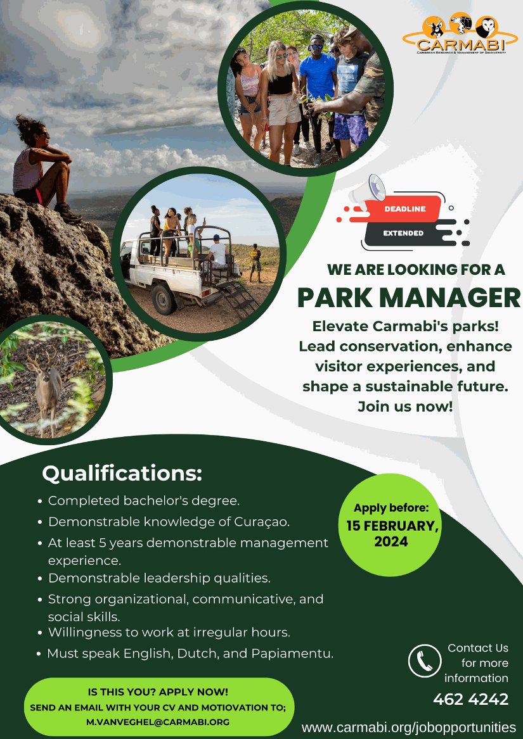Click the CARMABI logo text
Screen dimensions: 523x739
coord(461,45)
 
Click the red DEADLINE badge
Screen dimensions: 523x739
coord(404,209)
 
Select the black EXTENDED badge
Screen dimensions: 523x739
coord(404,233)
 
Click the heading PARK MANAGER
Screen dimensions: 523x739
coord(409,298)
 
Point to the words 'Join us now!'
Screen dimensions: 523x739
coord(405,407)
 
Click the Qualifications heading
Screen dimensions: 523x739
coord(122,473)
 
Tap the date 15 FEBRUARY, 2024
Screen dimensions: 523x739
coord(392,534)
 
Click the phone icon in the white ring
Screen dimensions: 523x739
coord(425,660)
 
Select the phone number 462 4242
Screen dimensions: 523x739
coord(470,699)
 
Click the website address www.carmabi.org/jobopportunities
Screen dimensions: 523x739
coord(409,727)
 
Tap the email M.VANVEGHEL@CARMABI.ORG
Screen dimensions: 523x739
coord(158,721)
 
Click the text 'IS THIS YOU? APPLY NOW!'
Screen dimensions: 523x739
coord(158,692)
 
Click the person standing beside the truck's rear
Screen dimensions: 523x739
coord(255,263)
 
